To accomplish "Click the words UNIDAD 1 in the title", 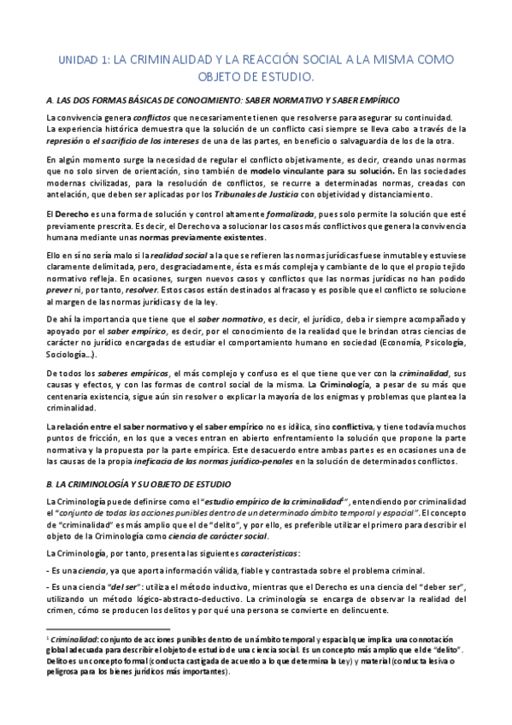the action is click(x=86, y=59).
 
